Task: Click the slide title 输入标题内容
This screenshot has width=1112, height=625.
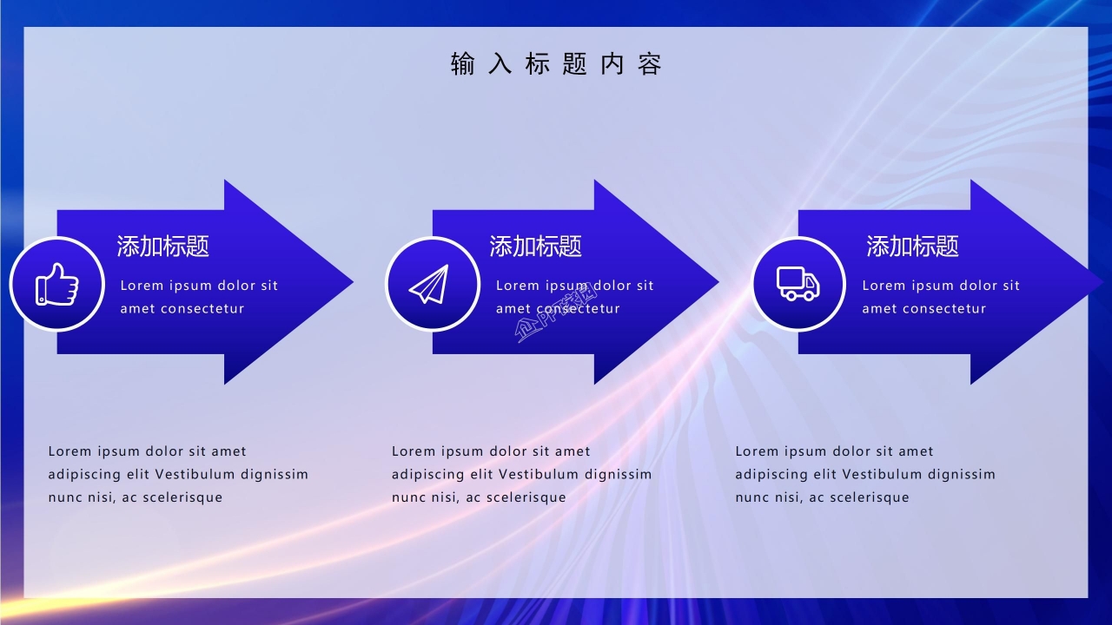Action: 556,64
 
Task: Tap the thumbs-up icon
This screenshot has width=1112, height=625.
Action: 56,284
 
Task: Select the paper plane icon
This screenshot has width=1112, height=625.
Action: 431,284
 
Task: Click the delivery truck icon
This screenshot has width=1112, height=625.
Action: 798,283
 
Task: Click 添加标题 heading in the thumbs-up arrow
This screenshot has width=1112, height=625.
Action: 163,247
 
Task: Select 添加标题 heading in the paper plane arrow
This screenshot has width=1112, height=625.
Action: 535,247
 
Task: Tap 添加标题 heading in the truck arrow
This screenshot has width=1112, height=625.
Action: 912,247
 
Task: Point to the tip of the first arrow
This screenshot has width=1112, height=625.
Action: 350,281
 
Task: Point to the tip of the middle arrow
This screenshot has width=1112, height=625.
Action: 716,281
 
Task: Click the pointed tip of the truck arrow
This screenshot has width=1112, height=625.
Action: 1100,281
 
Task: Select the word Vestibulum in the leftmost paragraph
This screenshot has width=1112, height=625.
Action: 195,475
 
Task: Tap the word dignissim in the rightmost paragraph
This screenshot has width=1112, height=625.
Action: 962,475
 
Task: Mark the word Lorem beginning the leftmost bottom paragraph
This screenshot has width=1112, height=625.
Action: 69,451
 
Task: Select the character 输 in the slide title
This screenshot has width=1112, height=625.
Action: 462,64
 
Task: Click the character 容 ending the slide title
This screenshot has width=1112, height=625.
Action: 650,64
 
